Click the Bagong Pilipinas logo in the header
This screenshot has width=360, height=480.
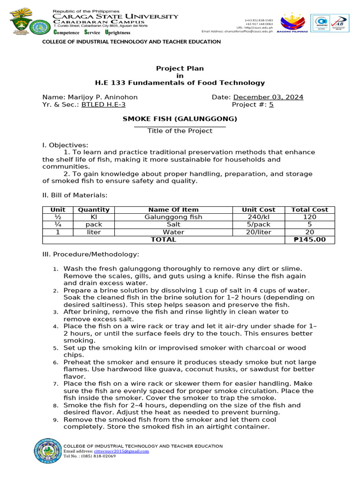point(294,24)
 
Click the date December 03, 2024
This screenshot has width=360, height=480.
point(268,97)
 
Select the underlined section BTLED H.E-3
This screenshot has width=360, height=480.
point(103,105)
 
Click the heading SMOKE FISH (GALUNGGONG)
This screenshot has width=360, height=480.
point(180,119)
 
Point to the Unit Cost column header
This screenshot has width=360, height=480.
point(258,210)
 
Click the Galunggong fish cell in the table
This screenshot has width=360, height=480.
point(173,217)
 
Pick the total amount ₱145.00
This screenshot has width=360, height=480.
point(310,240)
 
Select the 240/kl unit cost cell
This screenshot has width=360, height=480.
point(258,217)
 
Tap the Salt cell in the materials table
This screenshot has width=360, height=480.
point(173,225)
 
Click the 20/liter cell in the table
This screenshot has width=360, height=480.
point(258,232)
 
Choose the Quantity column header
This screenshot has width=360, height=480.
point(94,210)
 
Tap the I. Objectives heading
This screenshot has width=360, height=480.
point(65,145)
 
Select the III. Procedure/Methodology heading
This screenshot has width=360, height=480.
point(90,254)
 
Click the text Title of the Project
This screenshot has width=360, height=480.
point(180,131)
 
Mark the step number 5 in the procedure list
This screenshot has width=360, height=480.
point(55,348)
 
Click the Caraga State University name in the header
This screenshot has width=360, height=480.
point(115,16)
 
